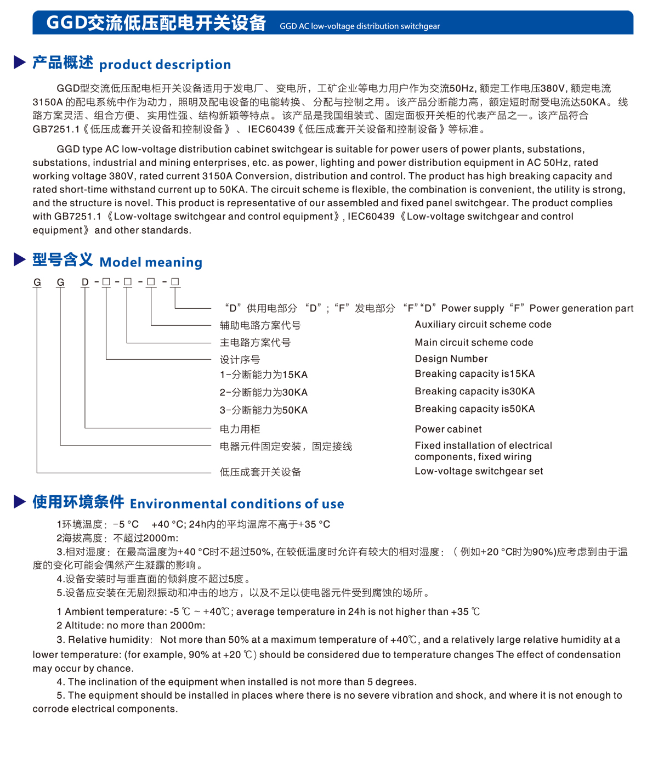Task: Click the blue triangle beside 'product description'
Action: click(20, 63)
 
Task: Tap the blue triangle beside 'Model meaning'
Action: click(20, 260)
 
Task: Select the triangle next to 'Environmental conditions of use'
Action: click(20, 501)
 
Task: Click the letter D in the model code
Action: click(85, 282)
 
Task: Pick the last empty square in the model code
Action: click(175, 282)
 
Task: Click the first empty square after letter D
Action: click(106, 282)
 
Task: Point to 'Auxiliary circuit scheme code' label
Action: click(483, 325)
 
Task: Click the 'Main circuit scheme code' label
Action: click(474, 343)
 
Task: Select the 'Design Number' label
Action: click(451, 359)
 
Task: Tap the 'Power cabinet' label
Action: click(448, 429)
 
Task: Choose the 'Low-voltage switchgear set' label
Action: click(479, 471)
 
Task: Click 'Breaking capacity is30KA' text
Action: click(474, 392)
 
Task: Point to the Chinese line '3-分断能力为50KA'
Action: click(263, 410)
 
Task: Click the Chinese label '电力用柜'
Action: click(240, 429)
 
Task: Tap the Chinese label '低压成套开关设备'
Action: click(260, 472)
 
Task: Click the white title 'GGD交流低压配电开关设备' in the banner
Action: click(156, 23)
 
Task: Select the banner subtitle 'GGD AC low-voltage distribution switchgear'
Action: click(360, 26)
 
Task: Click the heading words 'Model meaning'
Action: click(151, 262)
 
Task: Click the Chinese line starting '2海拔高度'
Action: click(117, 538)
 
